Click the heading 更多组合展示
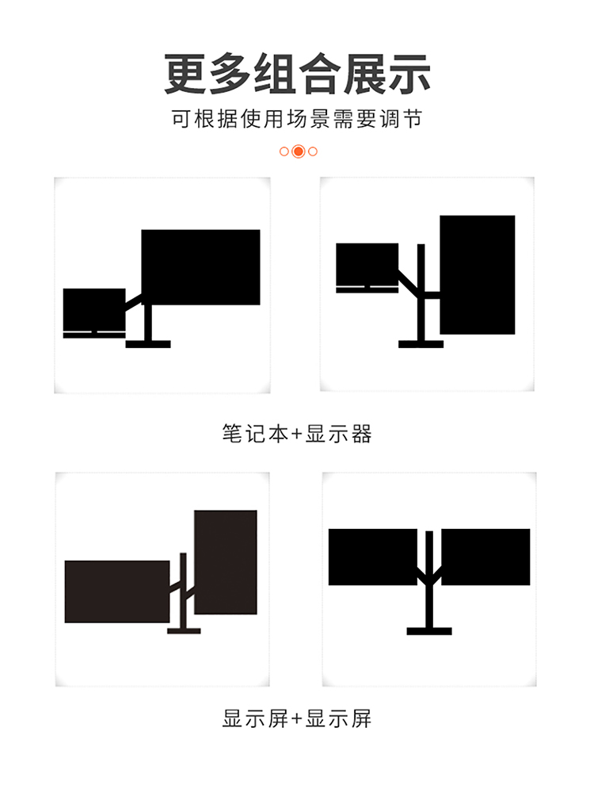point(297,74)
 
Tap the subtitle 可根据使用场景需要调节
point(297,119)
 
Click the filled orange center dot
point(299,151)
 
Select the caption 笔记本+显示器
point(297,434)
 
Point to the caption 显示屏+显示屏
point(297,718)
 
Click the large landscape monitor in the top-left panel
point(200,267)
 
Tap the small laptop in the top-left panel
point(94,313)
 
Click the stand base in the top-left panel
point(148,344)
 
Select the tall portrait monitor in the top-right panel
point(477,275)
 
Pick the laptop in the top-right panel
point(367,268)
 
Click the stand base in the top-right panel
point(421,344)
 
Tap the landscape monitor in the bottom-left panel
point(117,592)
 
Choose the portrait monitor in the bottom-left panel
point(226,562)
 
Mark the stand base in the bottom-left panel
point(184,631)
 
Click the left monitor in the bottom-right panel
point(372,557)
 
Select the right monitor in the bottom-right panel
point(485,557)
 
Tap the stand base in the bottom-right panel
point(429,631)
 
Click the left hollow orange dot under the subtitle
point(284,151)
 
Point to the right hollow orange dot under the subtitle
point(313,151)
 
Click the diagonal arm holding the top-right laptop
point(408,282)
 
